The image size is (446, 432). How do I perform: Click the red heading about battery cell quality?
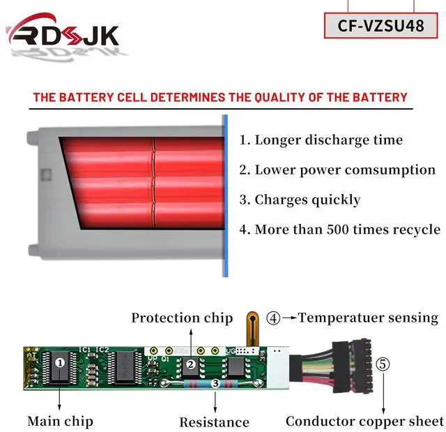tap(220, 97)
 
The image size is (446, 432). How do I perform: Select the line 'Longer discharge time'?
tap(321, 140)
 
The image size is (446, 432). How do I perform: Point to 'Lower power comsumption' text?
tap(337, 170)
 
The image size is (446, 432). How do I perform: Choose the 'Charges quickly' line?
tap(300, 200)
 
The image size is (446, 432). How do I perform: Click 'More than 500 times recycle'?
tap(340, 229)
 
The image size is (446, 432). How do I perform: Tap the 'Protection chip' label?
tap(182, 318)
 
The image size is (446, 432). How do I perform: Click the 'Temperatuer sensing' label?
tap(369, 318)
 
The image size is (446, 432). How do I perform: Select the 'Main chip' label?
tap(60, 421)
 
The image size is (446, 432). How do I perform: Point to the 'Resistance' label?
tap(214, 422)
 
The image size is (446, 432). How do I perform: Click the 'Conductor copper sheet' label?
tap(364, 421)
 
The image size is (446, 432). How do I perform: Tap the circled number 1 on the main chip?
tap(60, 362)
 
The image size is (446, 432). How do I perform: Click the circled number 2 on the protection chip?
tap(190, 364)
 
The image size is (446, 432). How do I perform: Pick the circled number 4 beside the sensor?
tap(274, 318)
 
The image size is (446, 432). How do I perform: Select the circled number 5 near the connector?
tap(383, 364)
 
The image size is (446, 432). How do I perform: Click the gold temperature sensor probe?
tap(252, 328)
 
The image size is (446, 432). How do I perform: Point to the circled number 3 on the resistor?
tap(215, 383)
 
